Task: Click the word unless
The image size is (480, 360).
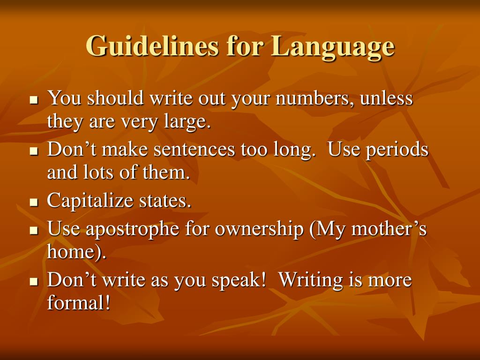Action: [x=387, y=99]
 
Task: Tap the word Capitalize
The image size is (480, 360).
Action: [x=90, y=202]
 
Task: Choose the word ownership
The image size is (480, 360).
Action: [x=259, y=230]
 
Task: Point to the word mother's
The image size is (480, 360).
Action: [x=389, y=230]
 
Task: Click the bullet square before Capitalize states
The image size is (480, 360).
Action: [x=33, y=202]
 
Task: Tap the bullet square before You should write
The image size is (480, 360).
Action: [x=33, y=100]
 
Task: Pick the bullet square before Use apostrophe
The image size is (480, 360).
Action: [x=33, y=231]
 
